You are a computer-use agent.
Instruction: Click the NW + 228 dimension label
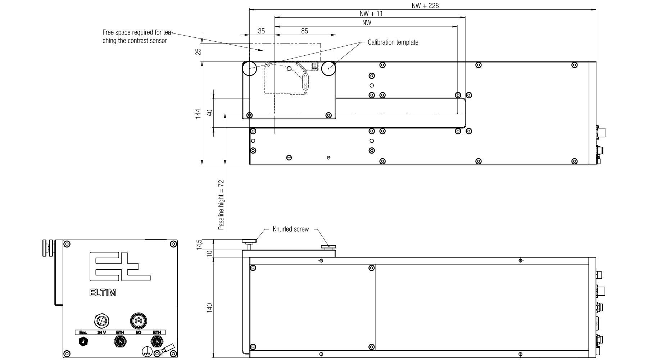(425, 5)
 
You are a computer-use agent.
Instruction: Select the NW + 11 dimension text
(371, 14)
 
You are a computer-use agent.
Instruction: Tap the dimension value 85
(304, 31)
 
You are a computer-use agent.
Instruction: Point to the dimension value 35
(261, 31)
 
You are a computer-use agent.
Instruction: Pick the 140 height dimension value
(210, 308)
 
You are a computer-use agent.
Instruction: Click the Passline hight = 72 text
(221, 205)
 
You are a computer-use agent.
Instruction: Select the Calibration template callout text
(393, 42)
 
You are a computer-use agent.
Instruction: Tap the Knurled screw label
(291, 229)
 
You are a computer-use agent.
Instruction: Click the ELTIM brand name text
(103, 293)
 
